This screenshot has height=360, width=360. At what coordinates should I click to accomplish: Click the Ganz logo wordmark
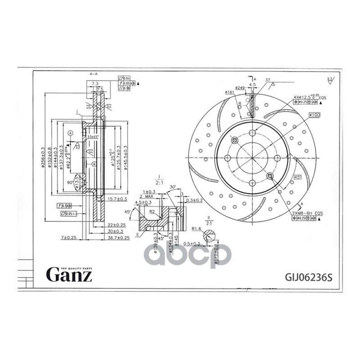[70, 274]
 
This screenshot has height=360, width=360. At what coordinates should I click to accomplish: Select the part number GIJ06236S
[308, 277]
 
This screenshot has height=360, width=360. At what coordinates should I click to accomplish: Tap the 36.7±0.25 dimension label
[118, 237]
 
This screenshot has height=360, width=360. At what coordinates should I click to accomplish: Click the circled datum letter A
[71, 134]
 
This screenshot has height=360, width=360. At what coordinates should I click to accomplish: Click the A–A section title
[94, 73]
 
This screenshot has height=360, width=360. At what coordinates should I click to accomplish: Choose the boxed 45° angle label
[297, 177]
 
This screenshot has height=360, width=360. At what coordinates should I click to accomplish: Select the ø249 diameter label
[240, 87]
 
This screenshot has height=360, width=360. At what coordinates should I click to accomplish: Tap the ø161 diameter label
[230, 92]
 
